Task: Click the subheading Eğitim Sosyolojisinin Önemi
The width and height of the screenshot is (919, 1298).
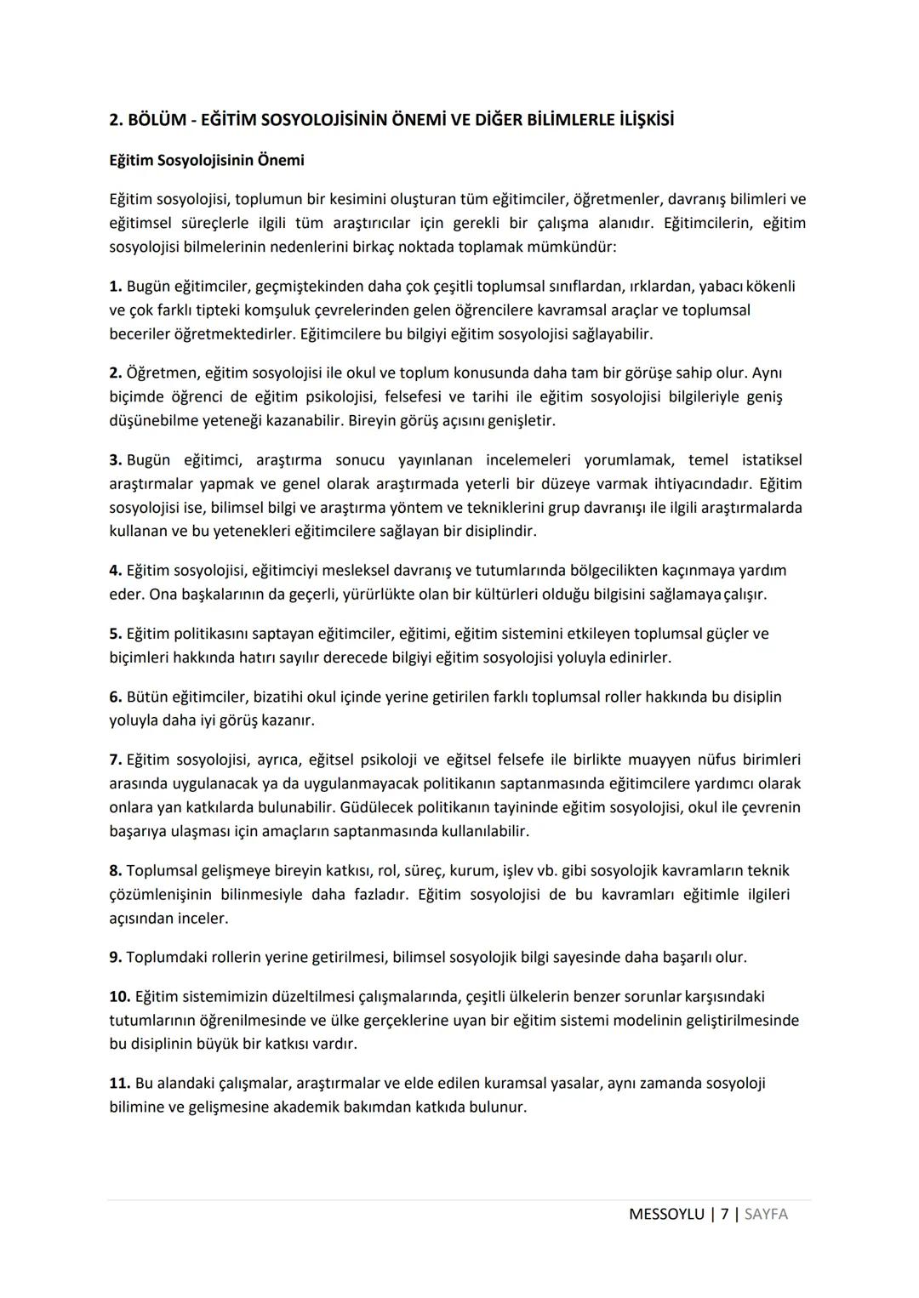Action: [x=206, y=160]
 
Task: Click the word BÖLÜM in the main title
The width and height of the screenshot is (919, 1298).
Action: [x=156, y=120]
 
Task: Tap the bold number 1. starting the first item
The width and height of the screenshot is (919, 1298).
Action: [x=116, y=287]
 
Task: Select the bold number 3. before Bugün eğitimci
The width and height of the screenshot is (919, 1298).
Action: [x=116, y=460]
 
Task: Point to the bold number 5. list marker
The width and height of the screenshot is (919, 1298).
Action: [x=116, y=634]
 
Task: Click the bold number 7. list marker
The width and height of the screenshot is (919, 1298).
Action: [x=116, y=760]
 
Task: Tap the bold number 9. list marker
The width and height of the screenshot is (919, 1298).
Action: [x=116, y=957]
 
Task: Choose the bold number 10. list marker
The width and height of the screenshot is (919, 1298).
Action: [x=119, y=996]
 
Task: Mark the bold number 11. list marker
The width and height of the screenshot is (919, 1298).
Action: [x=119, y=1084]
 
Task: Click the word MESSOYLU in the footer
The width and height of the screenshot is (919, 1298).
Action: [x=665, y=1215]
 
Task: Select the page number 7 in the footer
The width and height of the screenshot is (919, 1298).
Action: [x=724, y=1215]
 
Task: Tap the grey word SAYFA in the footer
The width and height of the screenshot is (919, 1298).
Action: [x=766, y=1215]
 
